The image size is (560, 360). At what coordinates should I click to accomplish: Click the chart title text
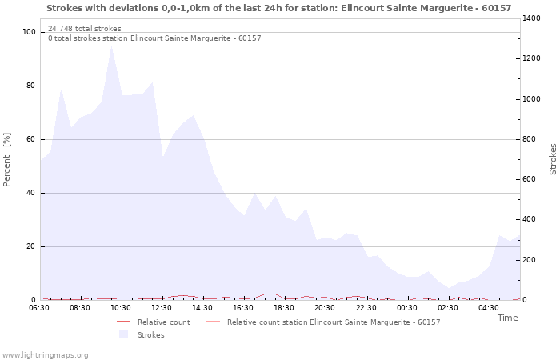[278, 8]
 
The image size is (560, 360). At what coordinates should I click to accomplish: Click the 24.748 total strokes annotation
[85, 28]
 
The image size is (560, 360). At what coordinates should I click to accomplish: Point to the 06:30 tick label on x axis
[39, 307]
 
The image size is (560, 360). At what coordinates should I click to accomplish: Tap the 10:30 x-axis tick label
[121, 307]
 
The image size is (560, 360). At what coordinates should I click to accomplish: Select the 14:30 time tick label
[202, 307]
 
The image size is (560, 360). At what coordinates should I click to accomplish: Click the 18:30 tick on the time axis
[284, 307]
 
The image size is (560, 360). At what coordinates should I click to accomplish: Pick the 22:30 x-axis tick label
[366, 307]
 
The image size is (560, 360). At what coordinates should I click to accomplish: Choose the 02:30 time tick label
[447, 307]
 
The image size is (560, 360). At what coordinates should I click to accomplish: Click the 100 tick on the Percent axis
[30, 32]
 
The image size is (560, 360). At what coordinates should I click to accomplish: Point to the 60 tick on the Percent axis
[32, 139]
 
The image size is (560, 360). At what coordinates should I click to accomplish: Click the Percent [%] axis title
[7, 160]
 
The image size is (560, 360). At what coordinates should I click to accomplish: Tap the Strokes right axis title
[553, 159]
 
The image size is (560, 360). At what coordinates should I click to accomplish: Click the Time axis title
[507, 318]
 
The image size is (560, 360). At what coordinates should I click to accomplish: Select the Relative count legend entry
[163, 322]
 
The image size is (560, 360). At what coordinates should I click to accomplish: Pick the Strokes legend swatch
[123, 334]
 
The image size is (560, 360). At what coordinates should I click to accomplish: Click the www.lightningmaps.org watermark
[45, 354]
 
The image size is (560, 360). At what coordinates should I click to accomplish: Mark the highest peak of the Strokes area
[111, 46]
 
